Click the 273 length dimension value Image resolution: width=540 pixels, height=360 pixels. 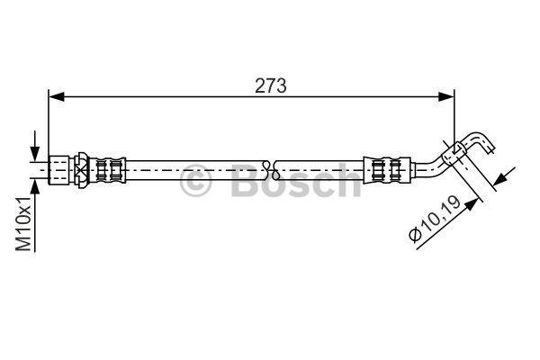point(270,85)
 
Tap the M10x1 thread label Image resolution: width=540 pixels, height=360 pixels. point(24,224)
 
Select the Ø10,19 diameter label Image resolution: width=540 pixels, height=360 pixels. point(435,219)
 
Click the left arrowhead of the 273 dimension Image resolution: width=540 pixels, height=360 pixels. point(57,97)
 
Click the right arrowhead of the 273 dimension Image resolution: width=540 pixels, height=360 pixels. point(446,97)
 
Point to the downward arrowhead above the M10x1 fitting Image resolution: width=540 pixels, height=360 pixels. point(34,153)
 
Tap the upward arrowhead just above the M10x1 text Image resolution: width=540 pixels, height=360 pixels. point(34,188)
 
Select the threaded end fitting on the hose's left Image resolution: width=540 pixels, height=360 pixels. point(58,170)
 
